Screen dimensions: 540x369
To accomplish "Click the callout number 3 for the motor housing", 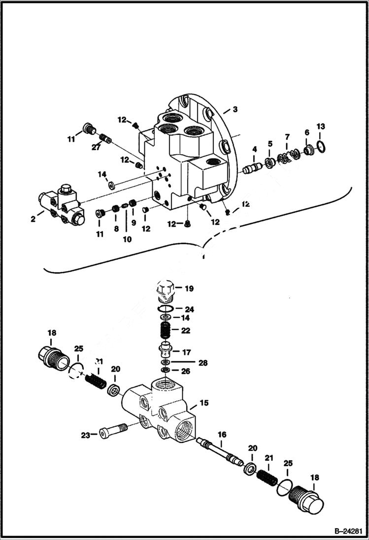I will (235, 109).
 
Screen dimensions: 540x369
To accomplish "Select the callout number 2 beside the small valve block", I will (33, 219).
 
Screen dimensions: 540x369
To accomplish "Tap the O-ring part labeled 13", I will (320, 146).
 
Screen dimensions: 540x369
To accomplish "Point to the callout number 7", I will (287, 136).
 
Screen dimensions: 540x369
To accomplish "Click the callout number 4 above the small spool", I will (270, 144).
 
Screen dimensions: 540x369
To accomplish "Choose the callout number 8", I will (116, 228).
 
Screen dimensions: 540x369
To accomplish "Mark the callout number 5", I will (270, 144).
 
